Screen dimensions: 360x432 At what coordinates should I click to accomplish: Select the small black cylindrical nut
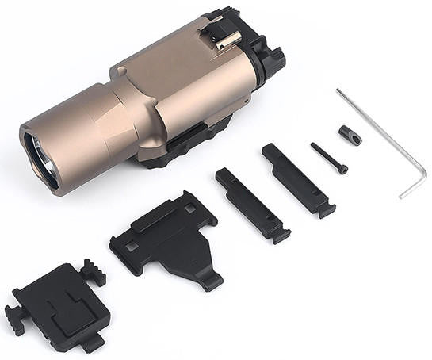pyautogui.click(x=350, y=136)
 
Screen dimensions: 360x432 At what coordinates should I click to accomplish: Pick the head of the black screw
pyautogui.click(x=342, y=169)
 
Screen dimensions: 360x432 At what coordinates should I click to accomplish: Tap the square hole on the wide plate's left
pyautogui.click(x=130, y=247)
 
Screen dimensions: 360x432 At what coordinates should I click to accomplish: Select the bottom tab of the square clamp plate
pyautogui.click(x=92, y=343)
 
